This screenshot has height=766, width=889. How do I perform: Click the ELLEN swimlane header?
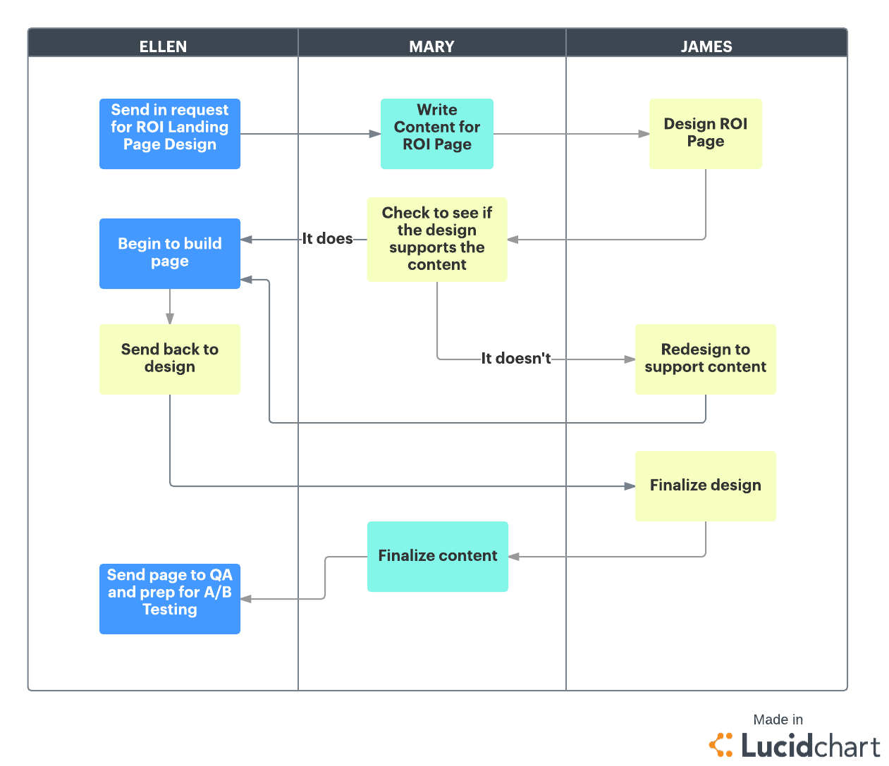(x=163, y=47)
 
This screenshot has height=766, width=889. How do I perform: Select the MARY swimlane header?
(x=431, y=47)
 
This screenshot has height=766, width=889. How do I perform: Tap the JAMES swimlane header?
(x=706, y=47)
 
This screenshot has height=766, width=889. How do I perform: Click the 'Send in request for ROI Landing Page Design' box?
(x=170, y=134)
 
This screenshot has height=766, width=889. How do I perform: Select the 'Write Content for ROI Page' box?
(x=437, y=134)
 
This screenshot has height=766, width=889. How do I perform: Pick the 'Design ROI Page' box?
(x=706, y=134)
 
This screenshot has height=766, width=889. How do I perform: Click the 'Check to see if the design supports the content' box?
(x=437, y=240)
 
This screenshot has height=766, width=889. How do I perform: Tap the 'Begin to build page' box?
(x=170, y=254)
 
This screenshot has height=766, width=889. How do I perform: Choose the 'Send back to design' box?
(x=170, y=359)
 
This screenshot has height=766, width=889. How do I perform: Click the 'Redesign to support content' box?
(x=706, y=359)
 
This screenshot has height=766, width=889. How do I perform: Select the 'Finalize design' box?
(x=706, y=486)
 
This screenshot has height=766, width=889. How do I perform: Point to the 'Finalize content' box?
(x=438, y=557)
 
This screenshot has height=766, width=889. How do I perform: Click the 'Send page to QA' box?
(x=170, y=599)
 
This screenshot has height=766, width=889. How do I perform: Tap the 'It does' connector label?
(x=328, y=239)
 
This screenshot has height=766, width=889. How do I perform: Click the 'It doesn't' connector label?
(x=516, y=359)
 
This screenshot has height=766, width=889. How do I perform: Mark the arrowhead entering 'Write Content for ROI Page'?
(x=375, y=134)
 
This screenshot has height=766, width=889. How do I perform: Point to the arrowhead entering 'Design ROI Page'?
(x=644, y=134)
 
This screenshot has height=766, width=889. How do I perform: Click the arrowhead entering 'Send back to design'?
(x=170, y=319)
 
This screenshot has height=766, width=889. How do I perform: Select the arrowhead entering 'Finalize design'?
(x=630, y=486)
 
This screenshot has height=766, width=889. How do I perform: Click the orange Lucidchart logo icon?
(x=721, y=745)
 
